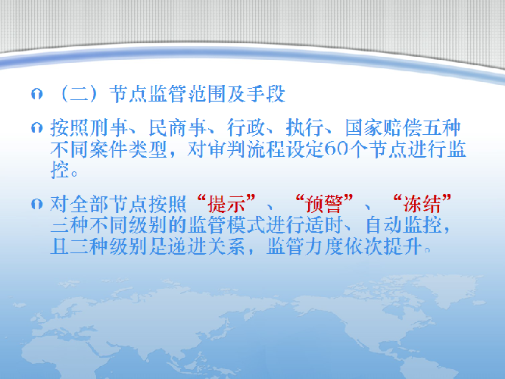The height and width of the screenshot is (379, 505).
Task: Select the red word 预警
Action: click(325, 204)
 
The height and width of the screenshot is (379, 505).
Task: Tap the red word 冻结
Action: click(422, 204)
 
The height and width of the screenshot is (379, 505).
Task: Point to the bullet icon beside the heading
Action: click(36, 94)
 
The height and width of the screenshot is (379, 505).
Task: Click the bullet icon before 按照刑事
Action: click(36, 128)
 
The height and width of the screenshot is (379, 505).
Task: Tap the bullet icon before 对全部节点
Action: click(36, 204)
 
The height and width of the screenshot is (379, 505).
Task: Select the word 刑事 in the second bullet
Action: click(109, 128)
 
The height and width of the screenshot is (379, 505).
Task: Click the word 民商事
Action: click(178, 128)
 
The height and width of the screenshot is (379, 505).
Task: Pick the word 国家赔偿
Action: click(384, 128)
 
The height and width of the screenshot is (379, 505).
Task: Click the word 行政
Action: click(246, 128)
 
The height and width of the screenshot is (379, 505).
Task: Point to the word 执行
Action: click(305, 128)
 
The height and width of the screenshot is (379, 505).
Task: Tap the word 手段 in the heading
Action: click(266, 94)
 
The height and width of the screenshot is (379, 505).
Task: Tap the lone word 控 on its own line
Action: click(60, 170)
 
